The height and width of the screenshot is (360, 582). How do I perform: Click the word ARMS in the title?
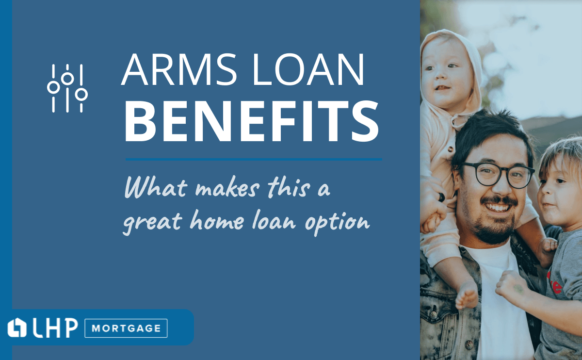click(x=179, y=69)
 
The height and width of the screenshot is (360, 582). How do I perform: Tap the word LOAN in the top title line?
click(x=308, y=69)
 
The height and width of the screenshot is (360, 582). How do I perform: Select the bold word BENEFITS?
click(x=252, y=121)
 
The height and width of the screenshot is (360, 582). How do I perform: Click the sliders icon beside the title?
click(x=67, y=88)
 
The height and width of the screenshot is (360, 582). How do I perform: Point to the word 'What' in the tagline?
click(x=156, y=187)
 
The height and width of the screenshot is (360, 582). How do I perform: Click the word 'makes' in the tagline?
click(x=227, y=188)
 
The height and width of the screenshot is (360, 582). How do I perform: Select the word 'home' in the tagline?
click(x=217, y=220)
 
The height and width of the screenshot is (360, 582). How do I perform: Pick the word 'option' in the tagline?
click(x=337, y=223)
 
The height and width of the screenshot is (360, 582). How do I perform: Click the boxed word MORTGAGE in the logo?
click(x=126, y=328)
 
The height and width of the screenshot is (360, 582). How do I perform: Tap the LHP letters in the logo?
click(x=55, y=328)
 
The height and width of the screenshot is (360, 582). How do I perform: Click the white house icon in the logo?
click(x=17, y=327)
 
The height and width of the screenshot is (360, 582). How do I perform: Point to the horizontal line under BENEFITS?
click(x=254, y=159)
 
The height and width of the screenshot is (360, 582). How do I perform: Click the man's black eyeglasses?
click(x=498, y=175)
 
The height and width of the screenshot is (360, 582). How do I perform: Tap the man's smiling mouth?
click(x=497, y=207)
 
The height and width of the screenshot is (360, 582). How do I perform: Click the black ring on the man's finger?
click(x=441, y=197)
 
